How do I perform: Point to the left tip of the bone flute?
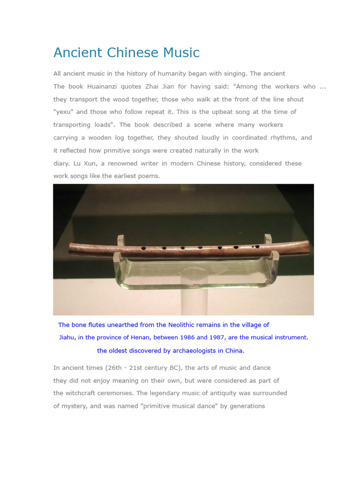point(70,248)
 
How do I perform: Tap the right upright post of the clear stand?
point(268,240)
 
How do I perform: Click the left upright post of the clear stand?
point(120,240)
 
